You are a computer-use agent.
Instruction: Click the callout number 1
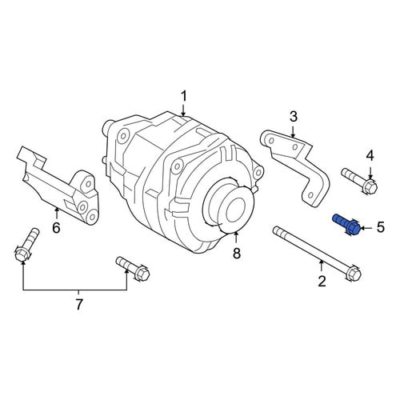pyautogui.click(x=184, y=97)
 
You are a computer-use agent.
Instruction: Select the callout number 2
pyautogui.click(x=322, y=281)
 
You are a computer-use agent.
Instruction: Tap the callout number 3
pyautogui.click(x=293, y=117)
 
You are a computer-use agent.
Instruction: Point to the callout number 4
pyautogui.click(x=370, y=156)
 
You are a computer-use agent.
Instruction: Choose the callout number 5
pyautogui.click(x=381, y=227)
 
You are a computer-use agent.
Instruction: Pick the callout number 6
pyautogui.click(x=56, y=227)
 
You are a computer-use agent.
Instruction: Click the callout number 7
pyautogui.click(x=78, y=305)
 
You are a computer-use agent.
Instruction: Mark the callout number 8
pyautogui.click(x=237, y=253)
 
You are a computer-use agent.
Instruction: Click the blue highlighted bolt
pyautogui.click(x=346, y=225)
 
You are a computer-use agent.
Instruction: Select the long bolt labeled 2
pyautogui.click(x=317, y=254)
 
